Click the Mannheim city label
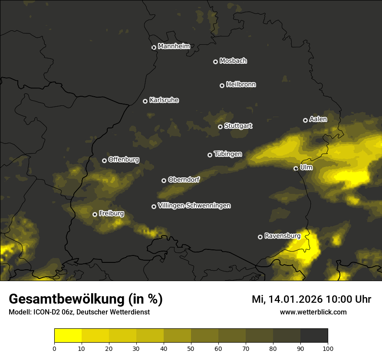(174, 46)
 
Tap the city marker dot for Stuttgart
(220, 127)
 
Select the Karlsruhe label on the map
(164, 100)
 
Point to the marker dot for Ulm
(296, 168)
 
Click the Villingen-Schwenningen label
(194, 206)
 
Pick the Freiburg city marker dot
(95, 214)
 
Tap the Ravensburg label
(282, 236)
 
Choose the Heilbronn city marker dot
(222, 85)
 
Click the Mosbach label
(233, 61)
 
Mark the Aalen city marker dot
(305, 120)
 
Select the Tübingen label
(227, 154)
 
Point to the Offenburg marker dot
(104, 160)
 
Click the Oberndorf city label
(184, 180)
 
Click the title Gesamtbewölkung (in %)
(86, 299)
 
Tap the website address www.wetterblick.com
(313, 312)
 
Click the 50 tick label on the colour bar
(191, 348)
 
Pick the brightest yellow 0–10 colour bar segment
(68, 336)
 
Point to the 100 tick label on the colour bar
(328, 348)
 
